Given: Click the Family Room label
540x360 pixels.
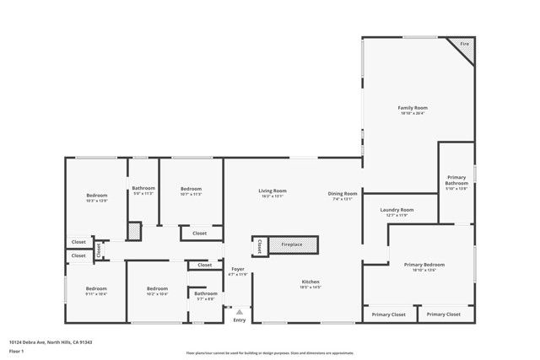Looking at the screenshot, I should pos(413,108).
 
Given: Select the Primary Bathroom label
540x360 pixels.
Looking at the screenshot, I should pos(456,180).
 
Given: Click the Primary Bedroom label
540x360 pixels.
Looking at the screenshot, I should pos(424,265).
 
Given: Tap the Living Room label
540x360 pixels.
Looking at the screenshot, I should pos(273,191).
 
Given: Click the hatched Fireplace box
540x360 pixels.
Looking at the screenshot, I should pos(293,244).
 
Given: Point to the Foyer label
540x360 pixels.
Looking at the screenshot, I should pos(238,270).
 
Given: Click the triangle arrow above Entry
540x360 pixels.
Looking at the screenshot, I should pos(239,312).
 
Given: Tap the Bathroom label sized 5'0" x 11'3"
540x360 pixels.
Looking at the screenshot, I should pos(143,188).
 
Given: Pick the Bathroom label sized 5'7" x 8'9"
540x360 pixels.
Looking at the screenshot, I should pos(206,293).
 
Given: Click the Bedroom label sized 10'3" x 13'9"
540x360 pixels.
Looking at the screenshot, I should pos(97,196).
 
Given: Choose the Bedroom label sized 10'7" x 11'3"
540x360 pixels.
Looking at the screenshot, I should pos(191,189).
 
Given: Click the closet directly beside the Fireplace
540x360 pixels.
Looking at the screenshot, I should pos(259,246).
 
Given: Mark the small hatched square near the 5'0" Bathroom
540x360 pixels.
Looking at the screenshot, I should pos(134,230).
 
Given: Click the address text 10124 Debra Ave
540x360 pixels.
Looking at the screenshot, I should pos(50,342).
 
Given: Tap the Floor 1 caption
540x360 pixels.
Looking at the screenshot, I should pos(17,351).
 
